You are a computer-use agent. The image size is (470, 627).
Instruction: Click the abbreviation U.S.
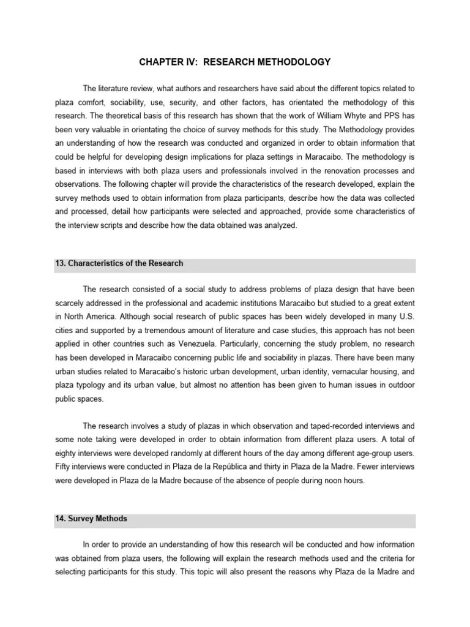405,329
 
